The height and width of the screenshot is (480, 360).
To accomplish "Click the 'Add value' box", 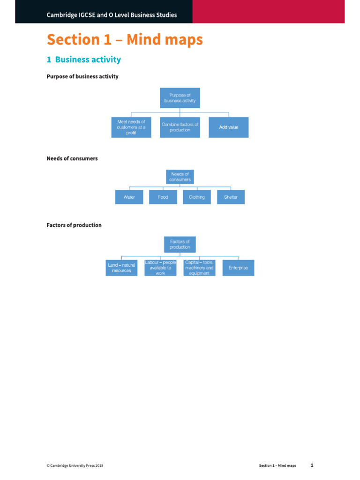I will (228, 127).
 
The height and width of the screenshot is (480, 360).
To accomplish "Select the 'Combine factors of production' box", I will (180, 127).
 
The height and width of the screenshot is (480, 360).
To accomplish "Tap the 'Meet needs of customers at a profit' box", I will (131, 127).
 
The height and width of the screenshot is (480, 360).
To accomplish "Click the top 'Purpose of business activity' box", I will (180, 97).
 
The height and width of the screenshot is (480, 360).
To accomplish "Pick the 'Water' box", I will (129, 197).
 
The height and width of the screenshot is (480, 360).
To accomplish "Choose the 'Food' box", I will (163, 197).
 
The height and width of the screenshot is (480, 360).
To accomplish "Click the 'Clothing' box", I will (197, 197).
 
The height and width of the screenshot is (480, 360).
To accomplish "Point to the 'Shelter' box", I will (231, 197).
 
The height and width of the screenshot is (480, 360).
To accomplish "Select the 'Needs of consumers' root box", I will (180, 177).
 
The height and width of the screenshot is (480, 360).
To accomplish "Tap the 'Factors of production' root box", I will (180, 244).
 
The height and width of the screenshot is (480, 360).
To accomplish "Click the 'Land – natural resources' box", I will (122, 268).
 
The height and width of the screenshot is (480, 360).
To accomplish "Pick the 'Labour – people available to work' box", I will (160, 268).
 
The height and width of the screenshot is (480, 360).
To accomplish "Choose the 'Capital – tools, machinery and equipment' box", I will (199, 268).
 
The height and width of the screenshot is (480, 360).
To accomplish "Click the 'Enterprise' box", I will (238, 268).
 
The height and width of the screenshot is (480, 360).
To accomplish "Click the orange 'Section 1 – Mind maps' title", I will (125, 40).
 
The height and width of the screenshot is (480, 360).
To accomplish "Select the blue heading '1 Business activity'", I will (83, 60).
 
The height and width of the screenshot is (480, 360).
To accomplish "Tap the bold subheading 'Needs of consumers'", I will (72, 158).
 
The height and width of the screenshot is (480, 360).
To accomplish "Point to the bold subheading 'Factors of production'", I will (74, 225).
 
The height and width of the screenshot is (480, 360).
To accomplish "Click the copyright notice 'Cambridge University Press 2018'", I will (75, 465).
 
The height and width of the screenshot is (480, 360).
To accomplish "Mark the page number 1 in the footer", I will (312, 465).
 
